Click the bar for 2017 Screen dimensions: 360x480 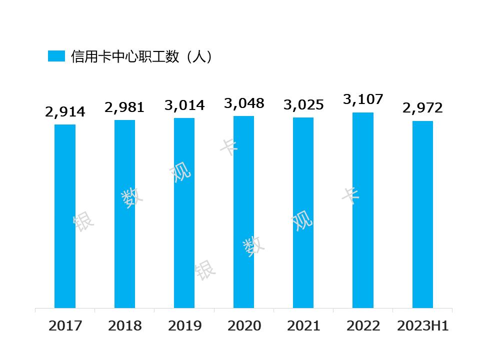pos(65,216)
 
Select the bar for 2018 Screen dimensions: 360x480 pos(124,214)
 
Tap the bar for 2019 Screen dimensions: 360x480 pos(184,213)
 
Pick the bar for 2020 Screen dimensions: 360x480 pos(243,212)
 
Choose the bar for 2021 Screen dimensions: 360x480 pos(303,212)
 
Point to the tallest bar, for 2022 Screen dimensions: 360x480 pos(363,210)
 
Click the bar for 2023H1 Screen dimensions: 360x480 pos(422,214)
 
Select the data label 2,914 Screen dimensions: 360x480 pos(65,112)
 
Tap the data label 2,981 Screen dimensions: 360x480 pos(124,107)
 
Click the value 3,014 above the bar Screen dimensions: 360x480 pos(184,105)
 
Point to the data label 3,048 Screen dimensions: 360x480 pos(243,103)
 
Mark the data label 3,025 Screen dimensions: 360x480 pos(303,105)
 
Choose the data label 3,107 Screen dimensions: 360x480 pos(363,100)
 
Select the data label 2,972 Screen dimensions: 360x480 pos(422,108)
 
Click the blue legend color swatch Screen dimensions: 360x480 pos(56,56)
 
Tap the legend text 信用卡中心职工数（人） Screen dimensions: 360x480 pos(142,56)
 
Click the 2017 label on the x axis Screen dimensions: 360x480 pos(65,326)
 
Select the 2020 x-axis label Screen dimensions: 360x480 pos(244,326)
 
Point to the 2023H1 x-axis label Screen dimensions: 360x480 pos(422,326)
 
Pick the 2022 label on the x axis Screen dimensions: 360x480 pos(363,326)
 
